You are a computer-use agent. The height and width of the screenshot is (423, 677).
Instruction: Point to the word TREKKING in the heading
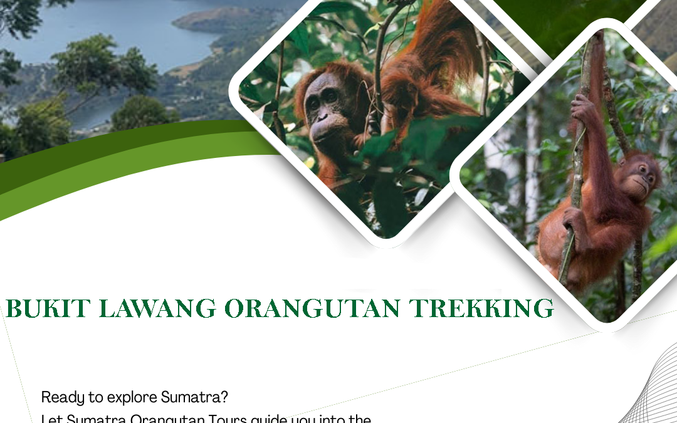tap(481, 309)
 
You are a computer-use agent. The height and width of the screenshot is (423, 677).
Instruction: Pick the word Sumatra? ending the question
tap(194, 397)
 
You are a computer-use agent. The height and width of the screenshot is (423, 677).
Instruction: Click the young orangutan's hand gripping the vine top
tap(582, 110)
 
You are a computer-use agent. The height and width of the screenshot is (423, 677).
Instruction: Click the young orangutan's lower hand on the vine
tap(574, 219)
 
